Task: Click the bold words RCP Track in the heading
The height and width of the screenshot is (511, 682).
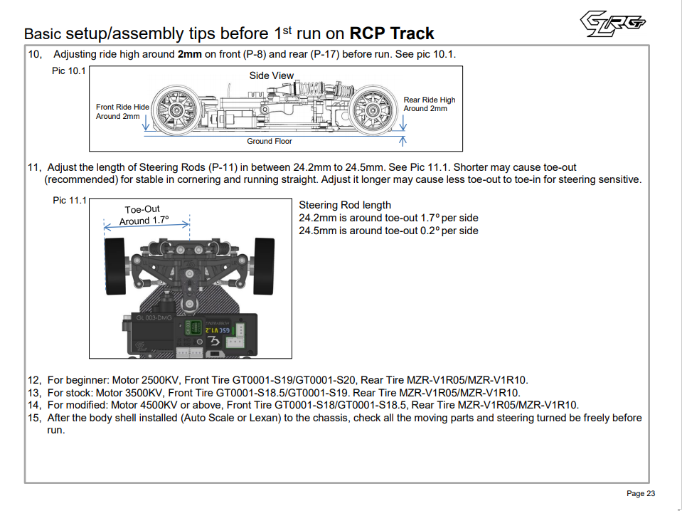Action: point(392,33)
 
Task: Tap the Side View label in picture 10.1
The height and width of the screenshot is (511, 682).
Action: point(272,75)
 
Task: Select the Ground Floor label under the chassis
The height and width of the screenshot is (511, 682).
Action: point(270,141)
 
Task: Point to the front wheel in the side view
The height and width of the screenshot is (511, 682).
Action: point(175,108)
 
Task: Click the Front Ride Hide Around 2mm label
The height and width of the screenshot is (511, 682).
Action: point(122,111)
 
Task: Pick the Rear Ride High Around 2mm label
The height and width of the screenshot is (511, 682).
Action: point(430,104)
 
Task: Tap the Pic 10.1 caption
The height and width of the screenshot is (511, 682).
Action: point(69,71)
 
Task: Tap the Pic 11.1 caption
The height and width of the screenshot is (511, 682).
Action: point(70,201)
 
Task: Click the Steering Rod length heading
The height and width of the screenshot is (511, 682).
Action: point(345,205)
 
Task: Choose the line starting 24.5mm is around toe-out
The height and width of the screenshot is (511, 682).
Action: point(388,231)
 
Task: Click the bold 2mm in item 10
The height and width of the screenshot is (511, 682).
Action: point(190,54)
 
